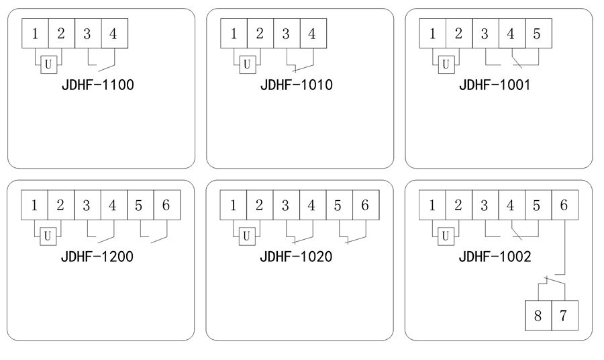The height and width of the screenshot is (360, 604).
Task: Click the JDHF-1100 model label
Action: [x=98, y=85]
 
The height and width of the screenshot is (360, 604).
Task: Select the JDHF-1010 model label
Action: [x=297, y=85]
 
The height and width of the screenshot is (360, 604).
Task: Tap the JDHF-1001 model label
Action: [x=495, y=85]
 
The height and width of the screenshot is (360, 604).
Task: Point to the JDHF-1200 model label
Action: [x=97, y=257]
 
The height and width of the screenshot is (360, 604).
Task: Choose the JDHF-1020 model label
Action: [x=296, y=257]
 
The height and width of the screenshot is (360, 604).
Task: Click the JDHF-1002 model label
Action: [x=495, y=257]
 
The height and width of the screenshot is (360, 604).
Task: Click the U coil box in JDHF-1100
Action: [x=48, y=64]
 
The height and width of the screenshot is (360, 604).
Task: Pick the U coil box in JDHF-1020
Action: [x=246, y=236]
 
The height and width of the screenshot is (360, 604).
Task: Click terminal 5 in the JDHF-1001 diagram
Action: [x=537, y=34]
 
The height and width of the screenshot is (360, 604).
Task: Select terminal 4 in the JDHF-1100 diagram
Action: [x=113, y=34]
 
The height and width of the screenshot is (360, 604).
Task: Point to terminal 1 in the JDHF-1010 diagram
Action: [x=234, y=34]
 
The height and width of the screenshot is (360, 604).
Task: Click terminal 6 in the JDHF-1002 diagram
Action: [x=564, y=206]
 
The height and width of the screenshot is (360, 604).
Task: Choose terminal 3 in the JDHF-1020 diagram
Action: [x=286, y=206]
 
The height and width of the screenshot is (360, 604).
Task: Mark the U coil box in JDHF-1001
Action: [x=445, y=64]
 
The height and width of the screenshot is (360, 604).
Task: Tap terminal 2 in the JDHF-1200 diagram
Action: [x=60, y=206]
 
